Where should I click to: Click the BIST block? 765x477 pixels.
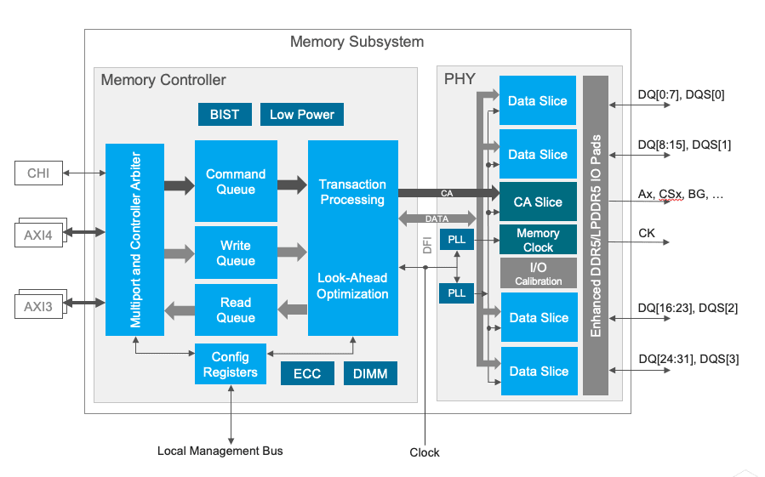(x=225, y=114)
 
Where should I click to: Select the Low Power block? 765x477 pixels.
(x=302, y=114)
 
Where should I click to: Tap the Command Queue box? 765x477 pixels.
(x=236, y=181)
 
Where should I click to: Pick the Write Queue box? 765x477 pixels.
(x=236, y=253)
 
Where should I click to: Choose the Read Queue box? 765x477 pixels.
(x=236, y=309)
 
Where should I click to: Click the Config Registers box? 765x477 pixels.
(x=230, y=364)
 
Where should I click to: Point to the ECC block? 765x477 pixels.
(x=307, y=373)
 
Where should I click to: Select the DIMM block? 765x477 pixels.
(x=370, y=373)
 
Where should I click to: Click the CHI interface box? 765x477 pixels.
(x=38, y=173)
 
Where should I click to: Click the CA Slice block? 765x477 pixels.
(x=538, y=202)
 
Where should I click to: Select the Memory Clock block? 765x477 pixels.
(x=538, y=240)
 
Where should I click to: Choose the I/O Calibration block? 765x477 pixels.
(x=538, y=274)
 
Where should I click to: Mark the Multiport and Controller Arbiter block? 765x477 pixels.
(x=134, y=239)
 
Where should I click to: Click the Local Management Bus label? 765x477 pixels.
(x=220, y=451)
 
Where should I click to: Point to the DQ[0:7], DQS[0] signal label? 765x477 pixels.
(x=681, y=94)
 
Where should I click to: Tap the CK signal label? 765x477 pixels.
(x=646, y=232)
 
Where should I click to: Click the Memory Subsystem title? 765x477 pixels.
(x=357, y=42)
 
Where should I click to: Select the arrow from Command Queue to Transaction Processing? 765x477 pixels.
(x=292, y=183)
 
